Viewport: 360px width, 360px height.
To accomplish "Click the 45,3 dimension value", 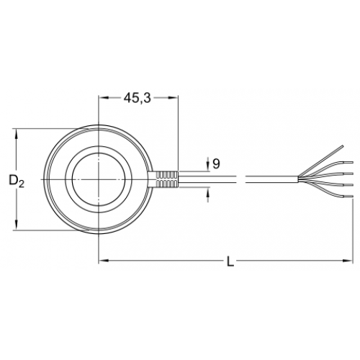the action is (x=138, y=98).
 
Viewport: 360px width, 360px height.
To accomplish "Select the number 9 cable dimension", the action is (x=216, y=164).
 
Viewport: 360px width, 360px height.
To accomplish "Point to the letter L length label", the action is (x=230, y=261).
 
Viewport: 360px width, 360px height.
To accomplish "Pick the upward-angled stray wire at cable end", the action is (x=321, y=161).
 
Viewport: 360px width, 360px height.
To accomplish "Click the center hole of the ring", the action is (x=99, y=179).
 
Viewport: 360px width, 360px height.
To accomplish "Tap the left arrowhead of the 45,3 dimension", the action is (x=103, y=97).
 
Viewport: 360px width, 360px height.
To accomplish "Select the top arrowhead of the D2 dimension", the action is (x=17, y=134).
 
